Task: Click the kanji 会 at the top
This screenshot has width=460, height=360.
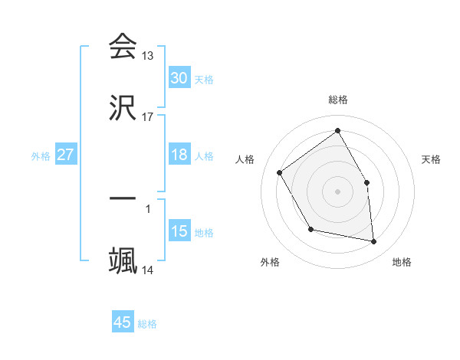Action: (x=123, y=47)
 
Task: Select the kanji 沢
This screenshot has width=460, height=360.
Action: (x=123, y=108)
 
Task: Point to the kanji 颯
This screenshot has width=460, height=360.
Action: (x=123, y=260)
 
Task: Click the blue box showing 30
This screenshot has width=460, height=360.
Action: (x=179, y=77)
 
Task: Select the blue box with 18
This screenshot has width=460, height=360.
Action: (x=179, y=155)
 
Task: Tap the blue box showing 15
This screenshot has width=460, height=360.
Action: (x=179, y=231)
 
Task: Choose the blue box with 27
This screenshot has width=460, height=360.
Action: (x=66, y=155)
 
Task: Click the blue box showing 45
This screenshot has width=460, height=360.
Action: (x=123, y=322)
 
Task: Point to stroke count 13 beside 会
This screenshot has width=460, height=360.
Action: (x=148, y=56)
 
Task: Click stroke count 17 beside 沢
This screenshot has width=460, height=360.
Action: (x=148, y=117)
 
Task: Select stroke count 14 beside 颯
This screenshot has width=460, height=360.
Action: (x=148, y=270)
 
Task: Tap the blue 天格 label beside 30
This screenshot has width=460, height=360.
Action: (x=204, y=79)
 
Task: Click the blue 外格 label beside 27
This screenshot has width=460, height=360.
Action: (x=41, y=155)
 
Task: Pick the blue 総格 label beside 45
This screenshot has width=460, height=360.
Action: (x=147, y=324)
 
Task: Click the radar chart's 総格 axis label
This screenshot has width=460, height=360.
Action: (x=338, y=100)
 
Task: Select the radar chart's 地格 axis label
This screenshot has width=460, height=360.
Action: (x=402, y=262)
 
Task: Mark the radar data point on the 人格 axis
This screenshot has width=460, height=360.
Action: (x=280, y=172)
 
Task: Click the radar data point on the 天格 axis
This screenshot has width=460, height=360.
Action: (x=366, y=182)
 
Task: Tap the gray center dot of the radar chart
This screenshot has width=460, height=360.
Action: (x=338, y=191)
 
